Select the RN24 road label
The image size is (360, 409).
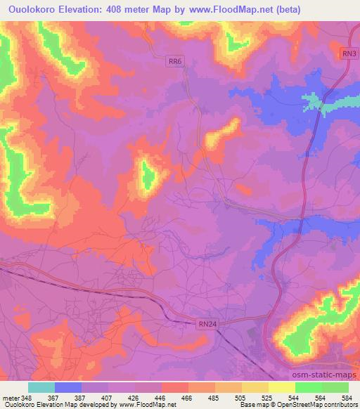coord(203,323)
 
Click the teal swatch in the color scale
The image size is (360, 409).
coord(41,387)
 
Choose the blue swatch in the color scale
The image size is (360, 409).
coord(68,387)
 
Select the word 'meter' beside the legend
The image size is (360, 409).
coord(10,397)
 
